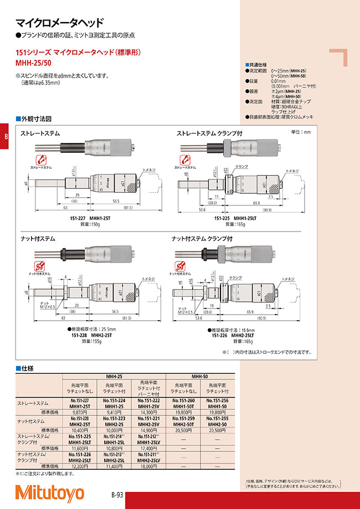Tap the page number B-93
tap(117, 494)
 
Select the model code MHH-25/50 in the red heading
tap(33, 63)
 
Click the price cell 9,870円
tap(80, 412)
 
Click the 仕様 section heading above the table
tap(27, 368)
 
